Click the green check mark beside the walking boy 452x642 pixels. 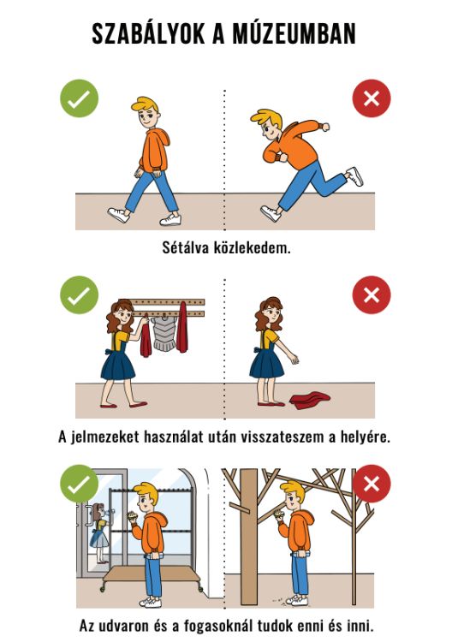[x=79, y=99]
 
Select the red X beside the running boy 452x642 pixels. [x=371, y=99]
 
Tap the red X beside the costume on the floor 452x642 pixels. [x=371, y=296]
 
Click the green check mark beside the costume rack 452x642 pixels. [x=79, y=296]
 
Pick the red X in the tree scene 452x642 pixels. [x=371, y=484]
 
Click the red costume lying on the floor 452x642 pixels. [x=309, y=398]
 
